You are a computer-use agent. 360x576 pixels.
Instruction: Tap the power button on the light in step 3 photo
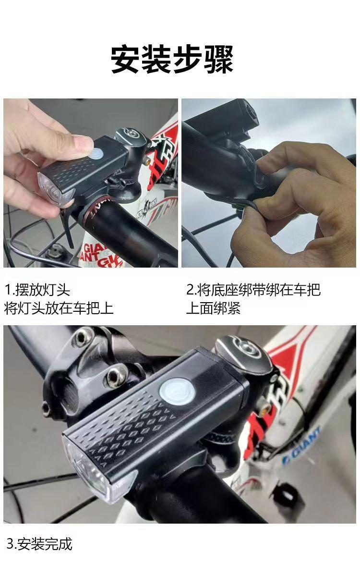(178, 391)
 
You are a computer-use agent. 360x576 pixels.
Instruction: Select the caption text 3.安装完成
(39, 544)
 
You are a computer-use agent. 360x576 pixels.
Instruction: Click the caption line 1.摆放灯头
(37, 290)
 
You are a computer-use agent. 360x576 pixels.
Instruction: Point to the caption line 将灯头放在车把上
(59, 308)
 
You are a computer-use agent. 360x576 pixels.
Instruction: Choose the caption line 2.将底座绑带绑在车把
(253, 290)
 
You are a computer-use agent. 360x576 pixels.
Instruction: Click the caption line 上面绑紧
(214, 308)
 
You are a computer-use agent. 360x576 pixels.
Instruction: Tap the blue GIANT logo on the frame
(301, 444)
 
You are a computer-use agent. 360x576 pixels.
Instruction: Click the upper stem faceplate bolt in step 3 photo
(84, 337)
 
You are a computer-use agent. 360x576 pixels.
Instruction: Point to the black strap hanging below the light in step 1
(68, 228)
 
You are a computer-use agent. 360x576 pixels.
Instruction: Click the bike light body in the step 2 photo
(220, 121)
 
